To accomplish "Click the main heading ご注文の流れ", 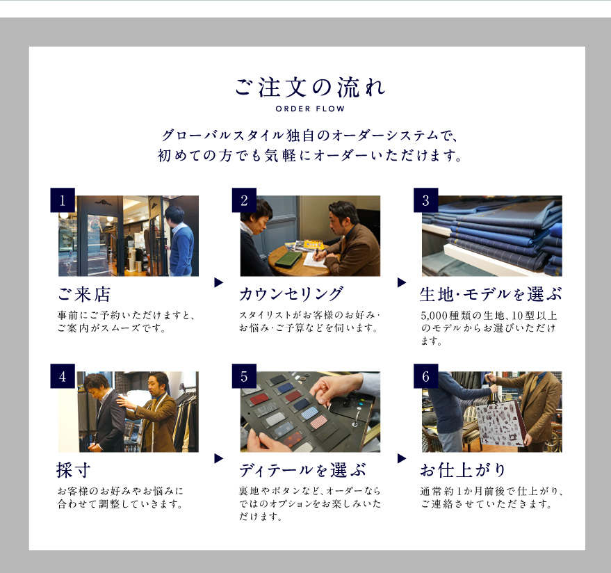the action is pyautogui.click(x=310, y=87).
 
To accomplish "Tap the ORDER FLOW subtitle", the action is pyautogui.click(x=310, y=108).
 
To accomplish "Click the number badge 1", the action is pyautogui.click(x=63, y=200).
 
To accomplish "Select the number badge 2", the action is pyautogui.click(x=244, y=200).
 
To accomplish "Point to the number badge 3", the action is pyautogui.click(x=425, y=200).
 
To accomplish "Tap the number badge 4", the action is pyautogui.click(x=63, y=376).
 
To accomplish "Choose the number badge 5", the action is pyautogui.click(x=244, y=376).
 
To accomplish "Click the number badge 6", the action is pyautogui.click(x=425, y=376).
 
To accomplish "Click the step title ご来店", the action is pyautogui.click(x=84, y=294).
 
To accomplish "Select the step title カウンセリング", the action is pyautogui.click(x=291, y=294).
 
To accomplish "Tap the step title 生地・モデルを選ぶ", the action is pyautogui.click(x=491, y=294).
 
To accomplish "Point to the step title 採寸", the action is pyautogui.click(x=74, y=470).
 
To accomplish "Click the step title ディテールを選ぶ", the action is pyautogui.click(x=303, y=470).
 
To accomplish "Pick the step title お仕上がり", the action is pyautogui.click(x=463, y=470).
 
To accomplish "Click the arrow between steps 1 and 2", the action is pyautogui.click(x=218, y=282).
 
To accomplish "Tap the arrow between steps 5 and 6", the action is pyautogui.click(x=402, y=458).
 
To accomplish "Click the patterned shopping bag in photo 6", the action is pyautogui.click(x=500, y=424).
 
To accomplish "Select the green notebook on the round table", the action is pyautogui.click(x=288, y=257).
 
